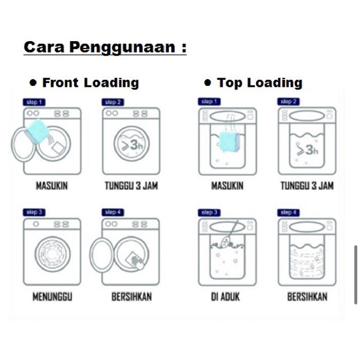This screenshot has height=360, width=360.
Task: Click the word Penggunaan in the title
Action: [122, 48]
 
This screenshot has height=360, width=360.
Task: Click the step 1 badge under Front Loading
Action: [34, 102]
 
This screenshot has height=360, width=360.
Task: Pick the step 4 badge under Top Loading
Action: [289, 212]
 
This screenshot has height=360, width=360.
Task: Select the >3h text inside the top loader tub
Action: [307, 150]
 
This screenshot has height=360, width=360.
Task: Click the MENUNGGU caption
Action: [52, 296]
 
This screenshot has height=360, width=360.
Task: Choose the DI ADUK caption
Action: [225, 296]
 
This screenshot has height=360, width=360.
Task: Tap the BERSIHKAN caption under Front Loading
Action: [132, 296]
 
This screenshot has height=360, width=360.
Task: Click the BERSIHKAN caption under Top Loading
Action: [307, 296]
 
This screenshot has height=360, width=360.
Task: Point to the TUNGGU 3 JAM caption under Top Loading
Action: [307, 186]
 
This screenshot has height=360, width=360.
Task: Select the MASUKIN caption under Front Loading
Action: [52, 186]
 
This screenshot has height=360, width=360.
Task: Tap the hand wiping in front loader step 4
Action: [138, 262]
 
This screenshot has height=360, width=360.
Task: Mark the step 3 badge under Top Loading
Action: [209, 212]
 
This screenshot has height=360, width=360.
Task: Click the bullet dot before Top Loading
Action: [208, 83]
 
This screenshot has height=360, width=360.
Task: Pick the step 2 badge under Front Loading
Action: [113, 102]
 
